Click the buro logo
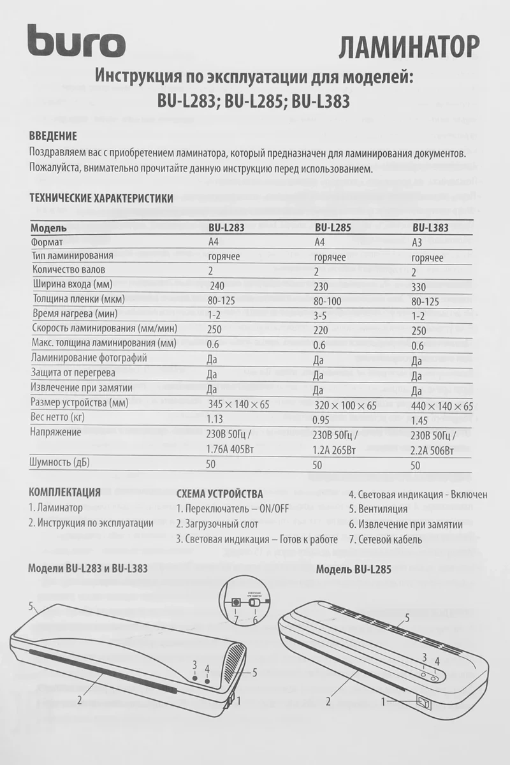tap(76, 43)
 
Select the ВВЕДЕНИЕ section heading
tap(54, 136)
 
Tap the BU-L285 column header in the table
tap(333, 227)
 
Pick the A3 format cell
tap(419, 242)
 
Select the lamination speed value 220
tap(324, 331)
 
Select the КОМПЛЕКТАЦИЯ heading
tap(65, 492)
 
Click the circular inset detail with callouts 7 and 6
tap(245, 602)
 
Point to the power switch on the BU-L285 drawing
tap(423, 702)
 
